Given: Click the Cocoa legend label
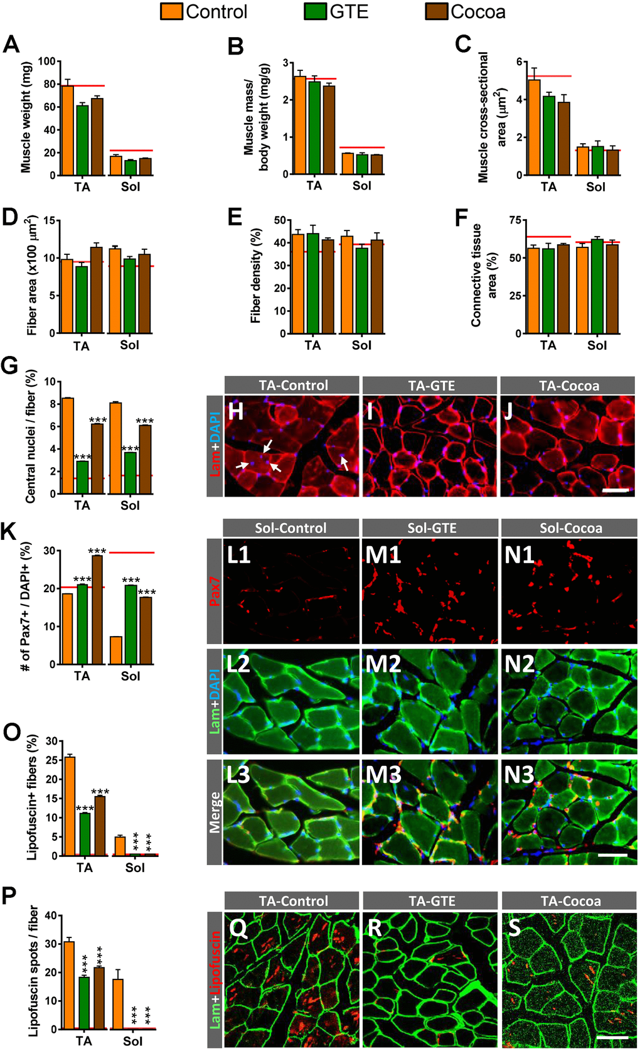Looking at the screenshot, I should click(478, 12).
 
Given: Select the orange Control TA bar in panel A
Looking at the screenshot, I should click(67, 131).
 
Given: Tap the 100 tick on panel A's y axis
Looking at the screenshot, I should click(46, 62).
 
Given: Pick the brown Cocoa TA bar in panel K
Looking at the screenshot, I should click(97, 610).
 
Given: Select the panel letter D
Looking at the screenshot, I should click(10, 217).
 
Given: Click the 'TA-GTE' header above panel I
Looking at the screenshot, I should click(431, 385).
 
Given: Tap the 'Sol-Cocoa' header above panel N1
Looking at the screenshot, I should click(570, 528).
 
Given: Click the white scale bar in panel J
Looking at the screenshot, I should click(615, 490).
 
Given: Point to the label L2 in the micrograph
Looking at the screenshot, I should click(238, 664).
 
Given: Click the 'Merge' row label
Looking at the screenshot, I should click(215, 812).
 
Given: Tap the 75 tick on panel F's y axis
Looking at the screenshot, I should click(515, 220).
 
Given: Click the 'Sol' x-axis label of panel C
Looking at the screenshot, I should click(595, 186).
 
